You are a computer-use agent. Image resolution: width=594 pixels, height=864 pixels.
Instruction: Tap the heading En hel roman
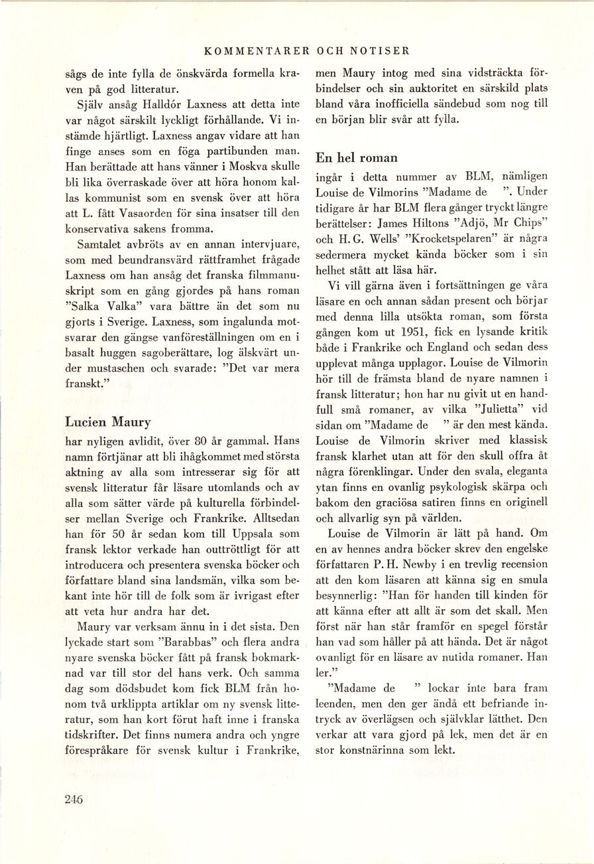[357, 158]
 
